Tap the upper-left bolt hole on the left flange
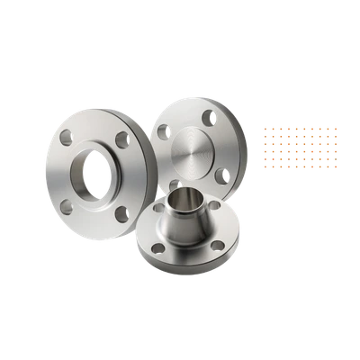click(66, 138)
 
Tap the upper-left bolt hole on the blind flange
click(164, 131)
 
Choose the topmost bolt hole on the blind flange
click(209, 115)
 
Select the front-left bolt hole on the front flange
click(159, 247)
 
